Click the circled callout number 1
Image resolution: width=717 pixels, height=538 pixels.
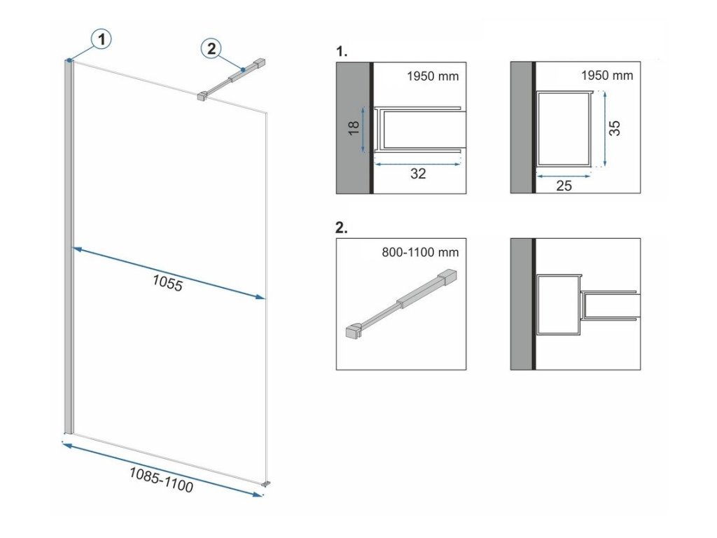(102, 40)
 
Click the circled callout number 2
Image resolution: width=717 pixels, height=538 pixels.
(211, 48)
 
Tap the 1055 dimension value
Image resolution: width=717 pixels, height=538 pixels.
(167, 282)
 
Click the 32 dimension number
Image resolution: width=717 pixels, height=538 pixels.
(418, 174)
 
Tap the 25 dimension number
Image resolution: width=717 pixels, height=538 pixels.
(564, 186)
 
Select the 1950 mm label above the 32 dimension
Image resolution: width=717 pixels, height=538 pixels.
(433, 76)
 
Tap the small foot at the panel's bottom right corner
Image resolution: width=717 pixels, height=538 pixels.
(266, 482)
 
